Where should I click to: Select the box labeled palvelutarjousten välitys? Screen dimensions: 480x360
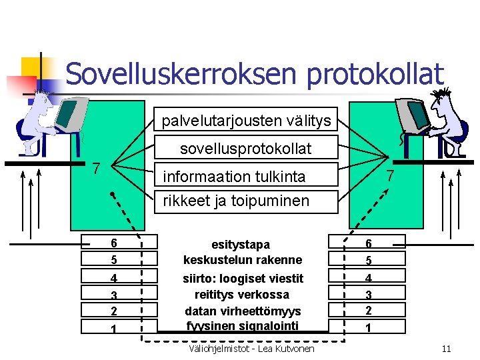(246, 121)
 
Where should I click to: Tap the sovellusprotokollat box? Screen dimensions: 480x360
(246, 149)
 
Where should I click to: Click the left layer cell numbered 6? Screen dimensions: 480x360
(114, 243)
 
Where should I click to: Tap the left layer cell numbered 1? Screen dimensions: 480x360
(114, 327)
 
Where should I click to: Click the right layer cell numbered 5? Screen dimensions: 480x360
(367, 260)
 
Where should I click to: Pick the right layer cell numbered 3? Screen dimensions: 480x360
(367, 294)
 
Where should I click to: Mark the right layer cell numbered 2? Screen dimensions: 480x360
(367, 311)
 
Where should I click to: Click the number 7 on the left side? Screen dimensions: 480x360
(97, 168)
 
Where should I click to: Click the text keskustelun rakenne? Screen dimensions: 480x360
(243, 260)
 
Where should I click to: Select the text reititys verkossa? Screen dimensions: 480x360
(243, 294)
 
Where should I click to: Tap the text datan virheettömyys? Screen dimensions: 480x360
(243, 311)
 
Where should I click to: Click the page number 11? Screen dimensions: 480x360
(447, 348)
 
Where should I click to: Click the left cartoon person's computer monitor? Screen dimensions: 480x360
(69, 113)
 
